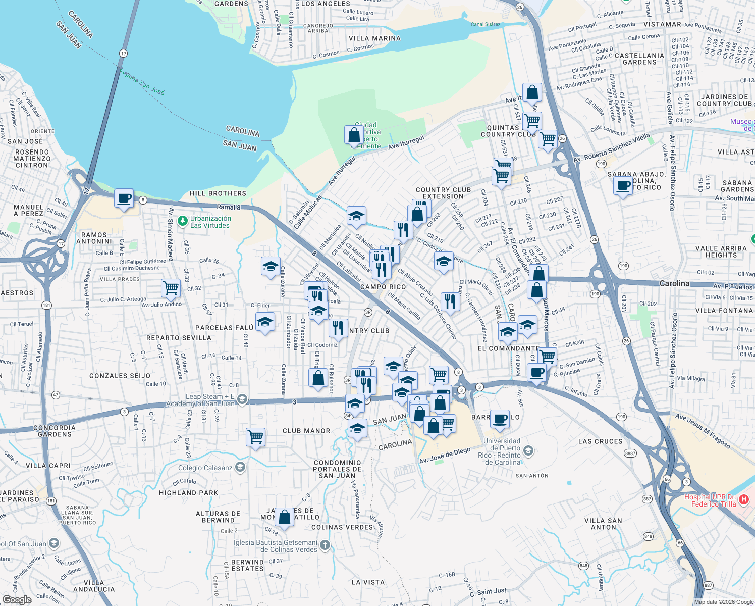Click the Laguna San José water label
[143, 82]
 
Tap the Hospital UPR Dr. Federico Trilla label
[710, 500]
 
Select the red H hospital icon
[744, 500]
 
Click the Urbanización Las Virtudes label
[210, 222]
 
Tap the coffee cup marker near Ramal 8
[124, 198]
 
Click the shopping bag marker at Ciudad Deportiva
[354, 135]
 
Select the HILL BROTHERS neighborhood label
[218, 193]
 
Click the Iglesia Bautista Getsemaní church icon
[325, 544]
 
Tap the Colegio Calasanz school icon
[240, 467]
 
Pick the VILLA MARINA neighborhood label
[374, 38]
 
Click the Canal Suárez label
[486, 24]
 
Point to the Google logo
[17, 600]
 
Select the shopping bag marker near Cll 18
[284, 517]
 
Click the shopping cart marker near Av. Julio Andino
[171, 288]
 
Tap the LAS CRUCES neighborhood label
[600, 441]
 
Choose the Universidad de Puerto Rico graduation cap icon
[528, 450]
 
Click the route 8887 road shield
[630, 453]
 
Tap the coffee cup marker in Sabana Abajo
[623, 186]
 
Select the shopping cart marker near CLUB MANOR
[256, 436]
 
